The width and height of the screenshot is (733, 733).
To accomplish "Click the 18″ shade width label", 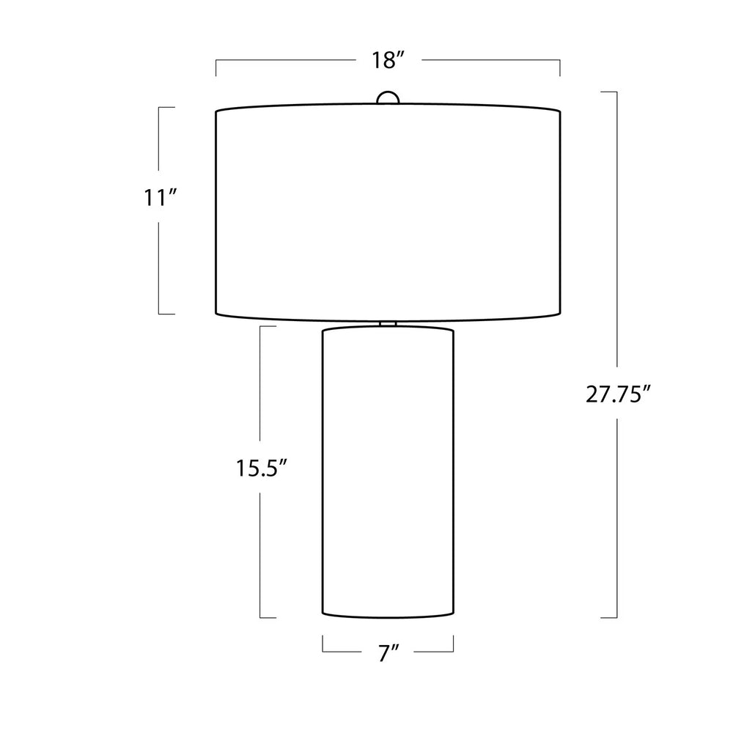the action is (388, 60).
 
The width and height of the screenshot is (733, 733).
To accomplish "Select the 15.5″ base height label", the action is (261, 468).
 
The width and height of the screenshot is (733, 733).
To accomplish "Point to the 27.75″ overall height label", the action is (618, 394).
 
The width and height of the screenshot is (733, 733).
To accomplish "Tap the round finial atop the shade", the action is (388, 97).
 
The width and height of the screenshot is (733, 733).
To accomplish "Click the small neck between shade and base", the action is (388, 324).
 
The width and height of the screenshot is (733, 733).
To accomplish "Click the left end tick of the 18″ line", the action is (216, 67).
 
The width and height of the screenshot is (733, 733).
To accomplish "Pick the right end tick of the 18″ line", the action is (560, 67).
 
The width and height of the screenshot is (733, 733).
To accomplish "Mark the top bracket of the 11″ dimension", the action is (166, 108).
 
